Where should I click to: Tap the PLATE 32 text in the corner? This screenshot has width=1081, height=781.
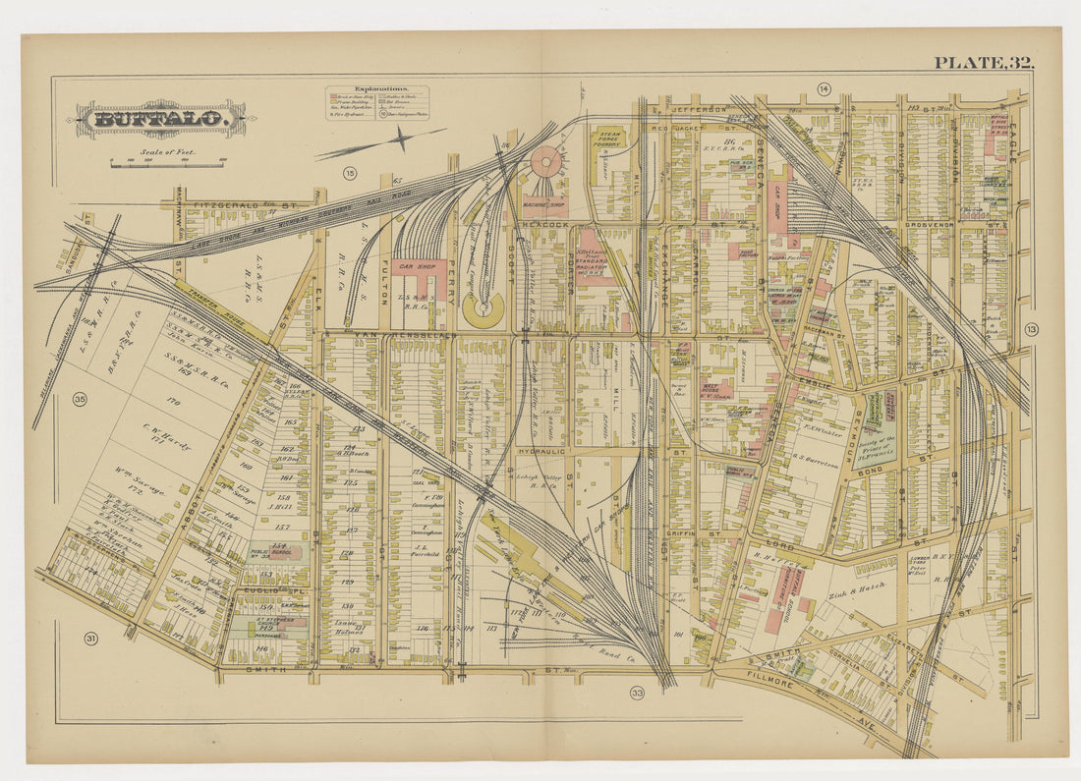pyautogui.click(x=984, y=63)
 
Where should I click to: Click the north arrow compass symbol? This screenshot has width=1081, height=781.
pyautogui.click(x=401, y=139)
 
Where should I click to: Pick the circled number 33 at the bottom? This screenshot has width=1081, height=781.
pyautogui.click(x=637, y=694)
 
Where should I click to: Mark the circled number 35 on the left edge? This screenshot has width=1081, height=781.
pyautogui.click(x=79, y=399)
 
